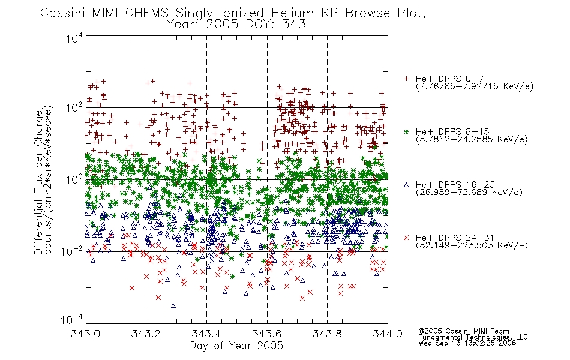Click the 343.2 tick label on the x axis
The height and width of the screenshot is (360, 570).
146,334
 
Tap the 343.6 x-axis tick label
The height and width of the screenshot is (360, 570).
267,334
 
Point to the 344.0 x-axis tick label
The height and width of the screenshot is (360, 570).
388,334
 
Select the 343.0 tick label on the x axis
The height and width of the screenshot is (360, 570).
85,334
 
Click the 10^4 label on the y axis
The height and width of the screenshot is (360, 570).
74,38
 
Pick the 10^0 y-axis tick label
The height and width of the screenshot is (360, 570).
74,179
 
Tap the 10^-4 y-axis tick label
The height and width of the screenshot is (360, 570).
72,319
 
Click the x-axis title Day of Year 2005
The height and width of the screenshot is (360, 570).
236,346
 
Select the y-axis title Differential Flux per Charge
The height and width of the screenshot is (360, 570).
38,182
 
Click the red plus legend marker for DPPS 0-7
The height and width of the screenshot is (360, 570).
406,79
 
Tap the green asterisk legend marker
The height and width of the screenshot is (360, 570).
406,131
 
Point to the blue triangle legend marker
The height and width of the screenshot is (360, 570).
406,185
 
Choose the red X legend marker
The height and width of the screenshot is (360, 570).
406,238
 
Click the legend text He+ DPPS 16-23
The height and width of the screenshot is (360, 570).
455,185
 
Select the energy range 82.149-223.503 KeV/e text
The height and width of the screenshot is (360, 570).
472,245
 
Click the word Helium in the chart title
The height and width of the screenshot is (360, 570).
292,13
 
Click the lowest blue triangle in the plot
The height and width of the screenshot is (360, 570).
173,305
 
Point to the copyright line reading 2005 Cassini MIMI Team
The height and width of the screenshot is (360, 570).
463,331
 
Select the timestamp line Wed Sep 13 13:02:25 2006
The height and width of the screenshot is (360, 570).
467,343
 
